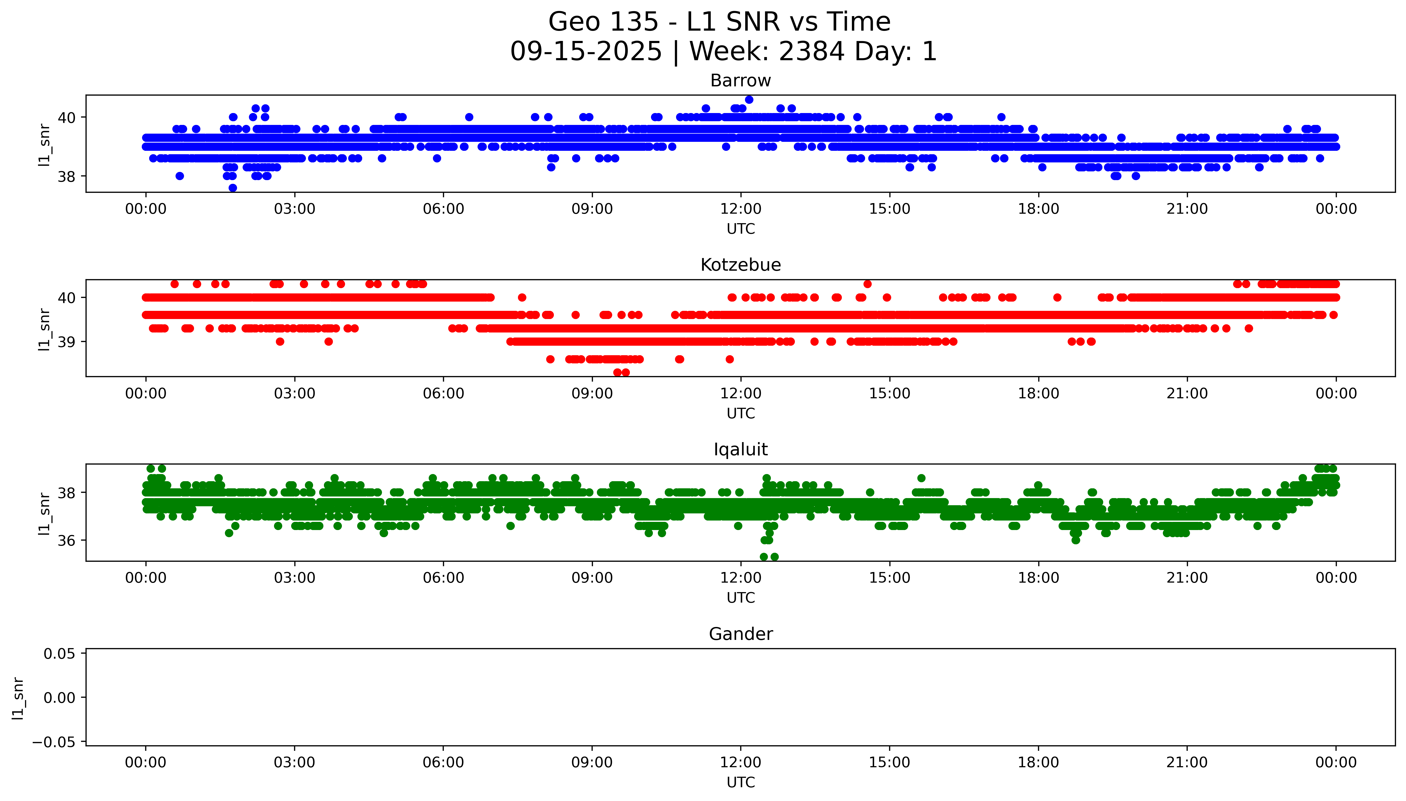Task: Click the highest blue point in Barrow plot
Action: [x=749, y=100]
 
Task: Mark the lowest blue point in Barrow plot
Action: [x=233, y=188]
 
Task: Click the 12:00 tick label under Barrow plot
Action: [x=741, y=209]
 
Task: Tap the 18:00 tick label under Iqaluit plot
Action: [x=1038, y=578]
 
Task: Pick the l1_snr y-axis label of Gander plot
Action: [x=18, y=697]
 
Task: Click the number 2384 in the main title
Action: [x=811, y=52]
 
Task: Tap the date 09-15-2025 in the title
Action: [x=586, y=52]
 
